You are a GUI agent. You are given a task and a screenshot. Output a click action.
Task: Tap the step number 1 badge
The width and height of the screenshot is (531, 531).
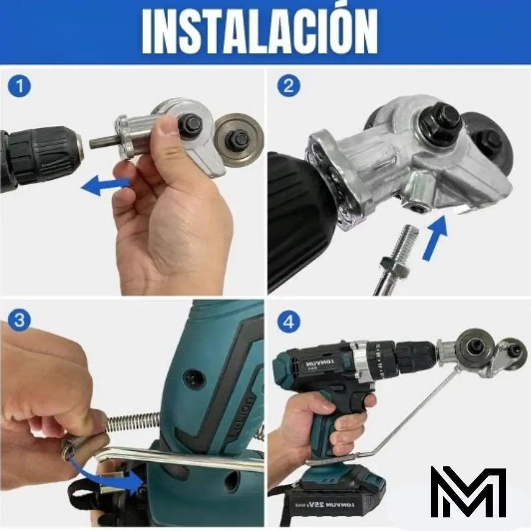[20, 87]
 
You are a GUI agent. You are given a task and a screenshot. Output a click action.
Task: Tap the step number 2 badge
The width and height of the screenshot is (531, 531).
[289, 87]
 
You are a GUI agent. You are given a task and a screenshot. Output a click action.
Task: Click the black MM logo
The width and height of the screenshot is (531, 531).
[468, 492]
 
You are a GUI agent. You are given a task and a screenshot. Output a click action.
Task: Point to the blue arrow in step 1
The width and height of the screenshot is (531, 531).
[104, 185]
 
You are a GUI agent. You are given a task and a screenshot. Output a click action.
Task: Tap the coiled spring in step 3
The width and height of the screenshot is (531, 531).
[133, 422]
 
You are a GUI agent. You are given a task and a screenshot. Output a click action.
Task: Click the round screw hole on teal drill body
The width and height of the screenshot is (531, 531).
[194, 379]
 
